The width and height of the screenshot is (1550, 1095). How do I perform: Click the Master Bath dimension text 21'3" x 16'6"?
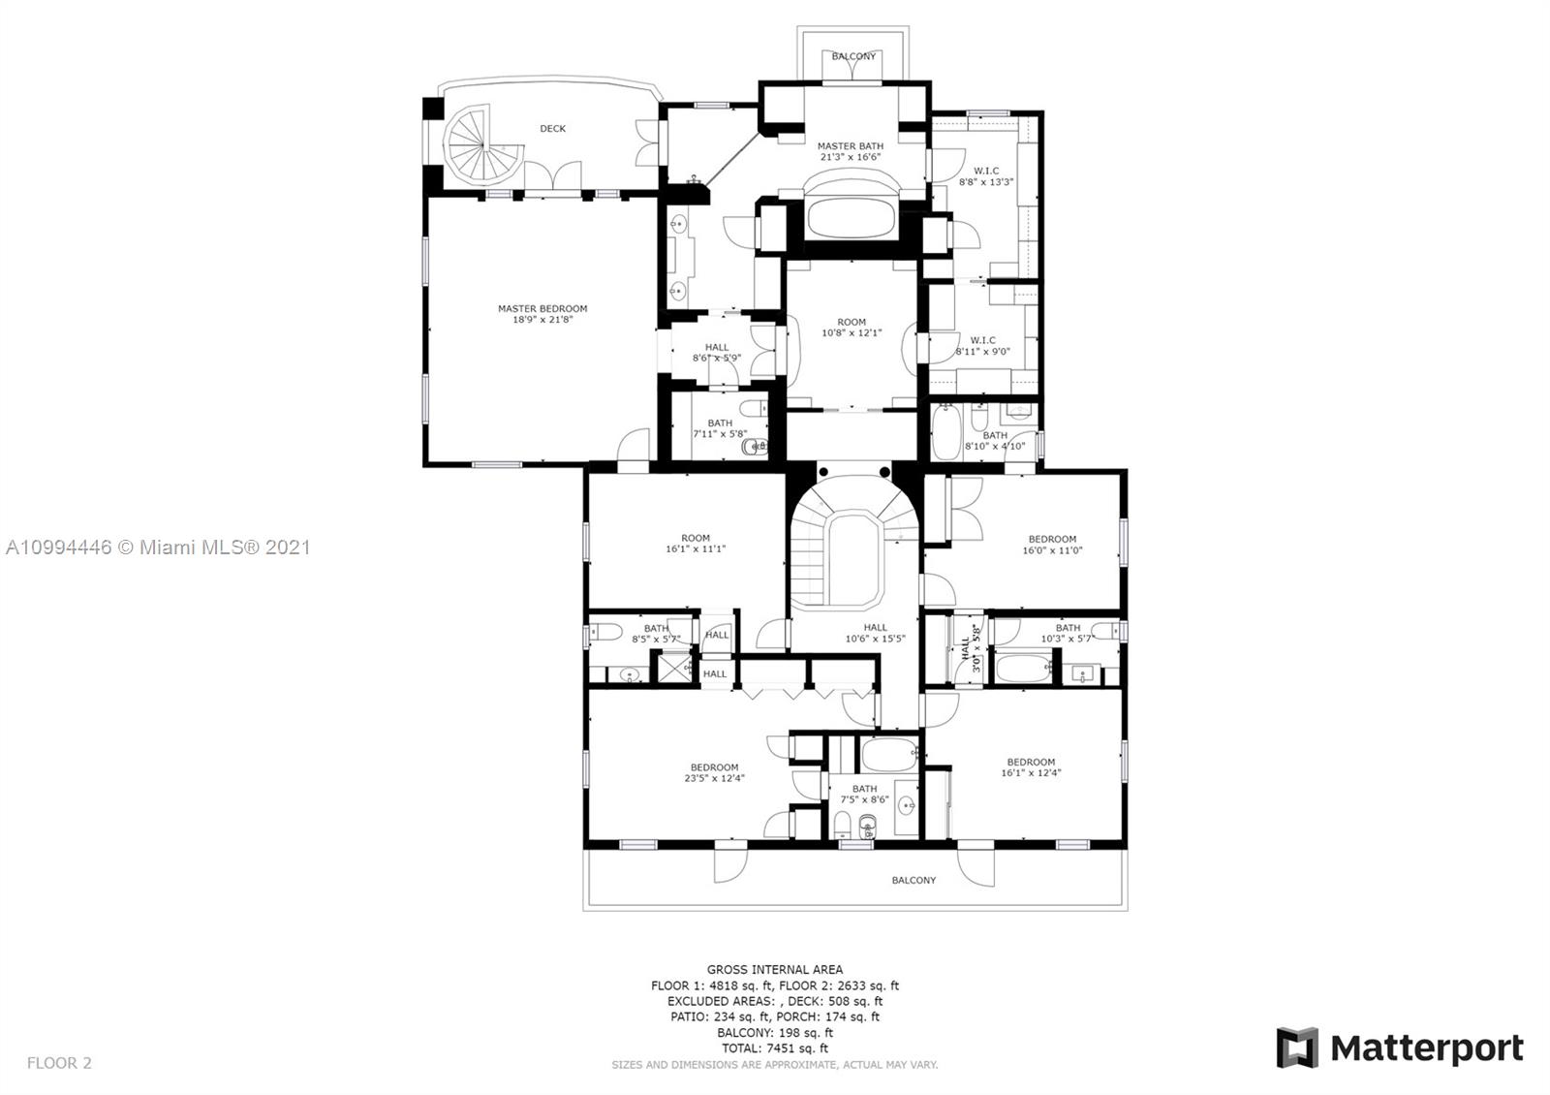[x=851, y=157]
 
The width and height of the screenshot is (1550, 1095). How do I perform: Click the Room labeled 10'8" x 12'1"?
[x=852, y=328]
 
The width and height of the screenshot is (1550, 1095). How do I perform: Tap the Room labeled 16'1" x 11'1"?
[x=695, y=544]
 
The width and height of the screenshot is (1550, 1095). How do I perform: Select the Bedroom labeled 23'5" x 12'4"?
[x=714, y=772]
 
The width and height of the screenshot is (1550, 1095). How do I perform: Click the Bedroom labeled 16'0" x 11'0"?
[x=1052, y=545]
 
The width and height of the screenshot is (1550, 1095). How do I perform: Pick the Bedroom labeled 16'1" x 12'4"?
[x=1031, y=767]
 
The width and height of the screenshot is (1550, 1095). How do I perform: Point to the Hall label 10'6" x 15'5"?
[x=875, y=633]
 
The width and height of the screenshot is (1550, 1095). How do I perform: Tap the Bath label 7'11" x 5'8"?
[x=720, y=428]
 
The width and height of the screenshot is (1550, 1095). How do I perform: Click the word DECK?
[x=552, y=128]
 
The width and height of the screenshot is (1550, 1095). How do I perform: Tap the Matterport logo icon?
[x=1296, y=1048]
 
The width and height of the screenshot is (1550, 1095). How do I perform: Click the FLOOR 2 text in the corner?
[x=59, y=1063]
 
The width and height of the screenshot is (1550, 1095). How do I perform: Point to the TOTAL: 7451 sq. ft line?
[x=774, y=1048]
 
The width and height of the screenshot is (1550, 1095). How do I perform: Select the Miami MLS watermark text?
[x=158, y=547]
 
